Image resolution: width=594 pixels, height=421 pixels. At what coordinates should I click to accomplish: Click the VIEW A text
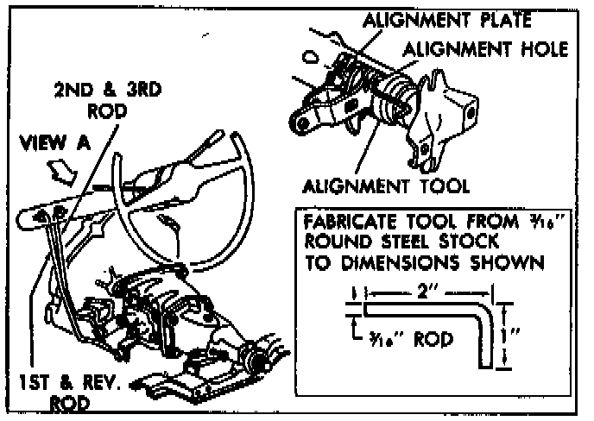pyautogui.click(x=54, y=145)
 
